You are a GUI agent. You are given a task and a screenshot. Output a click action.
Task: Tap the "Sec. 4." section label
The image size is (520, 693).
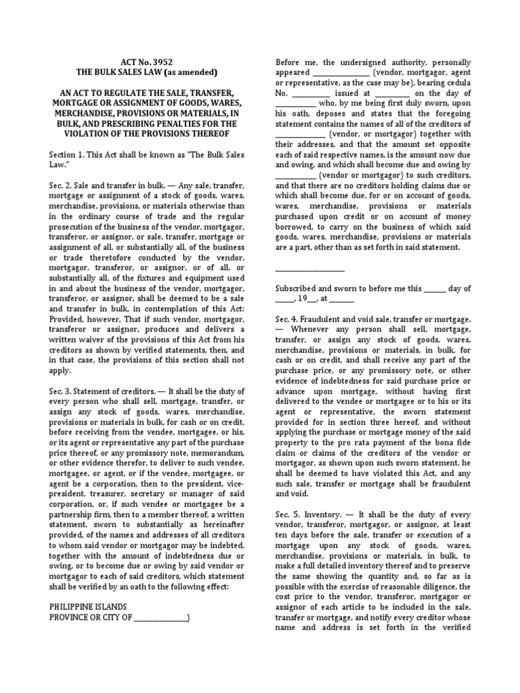pyautogui.click(x=287, y=318)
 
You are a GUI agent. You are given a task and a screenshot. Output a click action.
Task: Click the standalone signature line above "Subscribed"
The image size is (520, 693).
pyautogui.click(x=305, y=269)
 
